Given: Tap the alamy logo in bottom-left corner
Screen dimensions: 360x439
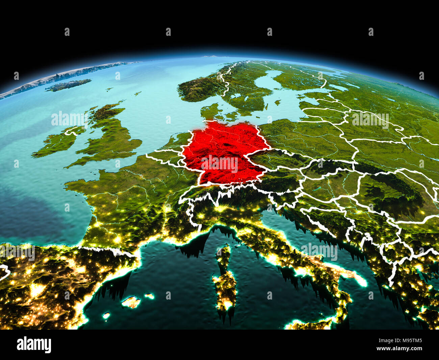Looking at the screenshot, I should point(34,344).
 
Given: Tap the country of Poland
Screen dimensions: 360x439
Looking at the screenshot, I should point(304,135).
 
